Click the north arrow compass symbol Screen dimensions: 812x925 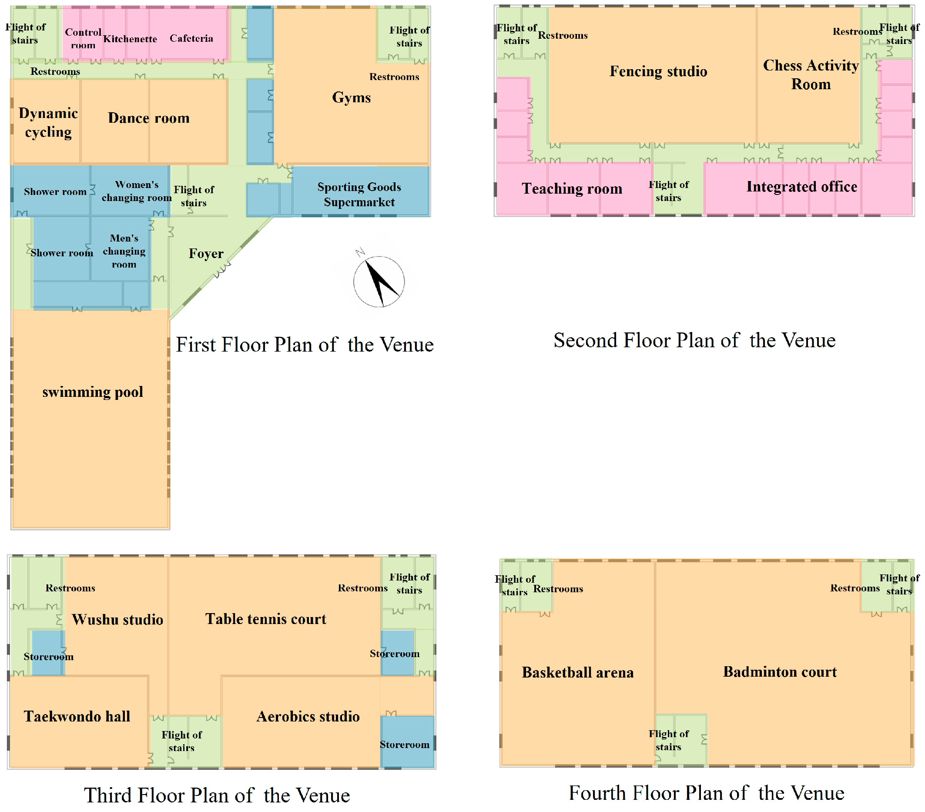pos(379,282)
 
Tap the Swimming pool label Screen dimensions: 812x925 pos(93,392)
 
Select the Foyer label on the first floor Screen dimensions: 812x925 pos(206,253)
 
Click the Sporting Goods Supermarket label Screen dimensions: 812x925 pos(359,195)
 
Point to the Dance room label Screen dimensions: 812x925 pos(148,118)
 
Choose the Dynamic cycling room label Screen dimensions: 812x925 pos(48,123)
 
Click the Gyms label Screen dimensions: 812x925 pos(351,98)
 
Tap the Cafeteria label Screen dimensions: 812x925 pos(191,38)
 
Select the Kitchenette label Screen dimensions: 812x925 pos(130,39)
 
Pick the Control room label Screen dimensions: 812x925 pos(83,38)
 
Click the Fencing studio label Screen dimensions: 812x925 pos(658,71)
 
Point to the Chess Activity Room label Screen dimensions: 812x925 pos(811,75)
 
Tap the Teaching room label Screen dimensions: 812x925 pos(572,189)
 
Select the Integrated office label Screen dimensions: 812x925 pos(801,187)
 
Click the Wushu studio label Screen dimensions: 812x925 pos(117,620)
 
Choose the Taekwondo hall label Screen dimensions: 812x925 pos(77,717)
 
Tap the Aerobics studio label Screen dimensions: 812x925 pos(308,717)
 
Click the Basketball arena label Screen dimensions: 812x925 pos(577,673)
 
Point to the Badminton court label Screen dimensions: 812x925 pos(780,672)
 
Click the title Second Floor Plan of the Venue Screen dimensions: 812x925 pos(694,340)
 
